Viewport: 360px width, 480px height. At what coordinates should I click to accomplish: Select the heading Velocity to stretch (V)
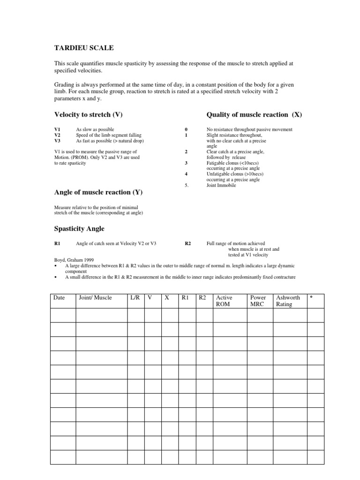[x=89, y=114]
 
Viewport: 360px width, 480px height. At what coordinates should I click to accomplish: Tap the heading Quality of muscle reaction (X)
[x=254, y=114]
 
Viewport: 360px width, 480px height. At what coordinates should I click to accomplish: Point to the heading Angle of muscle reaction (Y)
[x=98, y=192]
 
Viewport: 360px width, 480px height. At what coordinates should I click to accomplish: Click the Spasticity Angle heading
[x=79, y=228]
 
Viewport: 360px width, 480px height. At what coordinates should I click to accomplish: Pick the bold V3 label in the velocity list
[x=58, y=141]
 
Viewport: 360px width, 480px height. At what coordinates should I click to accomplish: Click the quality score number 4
[x=186, y=174]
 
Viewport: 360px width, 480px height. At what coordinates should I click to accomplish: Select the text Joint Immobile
[x=221, y=185]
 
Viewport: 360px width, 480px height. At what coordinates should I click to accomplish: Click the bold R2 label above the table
[x=188, y=244]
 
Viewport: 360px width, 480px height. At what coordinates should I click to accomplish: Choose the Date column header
[x=59, y=298]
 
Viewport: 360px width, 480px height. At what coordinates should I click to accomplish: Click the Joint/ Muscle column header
[x=96, y=298]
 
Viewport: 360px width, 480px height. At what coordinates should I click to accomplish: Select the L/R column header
[x=135, y=298]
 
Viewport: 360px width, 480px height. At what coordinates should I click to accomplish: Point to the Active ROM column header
[x=224, y=301]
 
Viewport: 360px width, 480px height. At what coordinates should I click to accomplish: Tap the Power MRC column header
[x=258, y=301]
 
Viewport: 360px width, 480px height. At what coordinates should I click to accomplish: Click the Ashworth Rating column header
[x=288, y=301]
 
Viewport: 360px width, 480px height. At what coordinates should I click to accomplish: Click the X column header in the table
[x=166, y=298]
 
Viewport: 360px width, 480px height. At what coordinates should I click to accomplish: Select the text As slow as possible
[x=95, y=129]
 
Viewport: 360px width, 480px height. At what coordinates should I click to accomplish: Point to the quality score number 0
[x=186, y=129]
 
